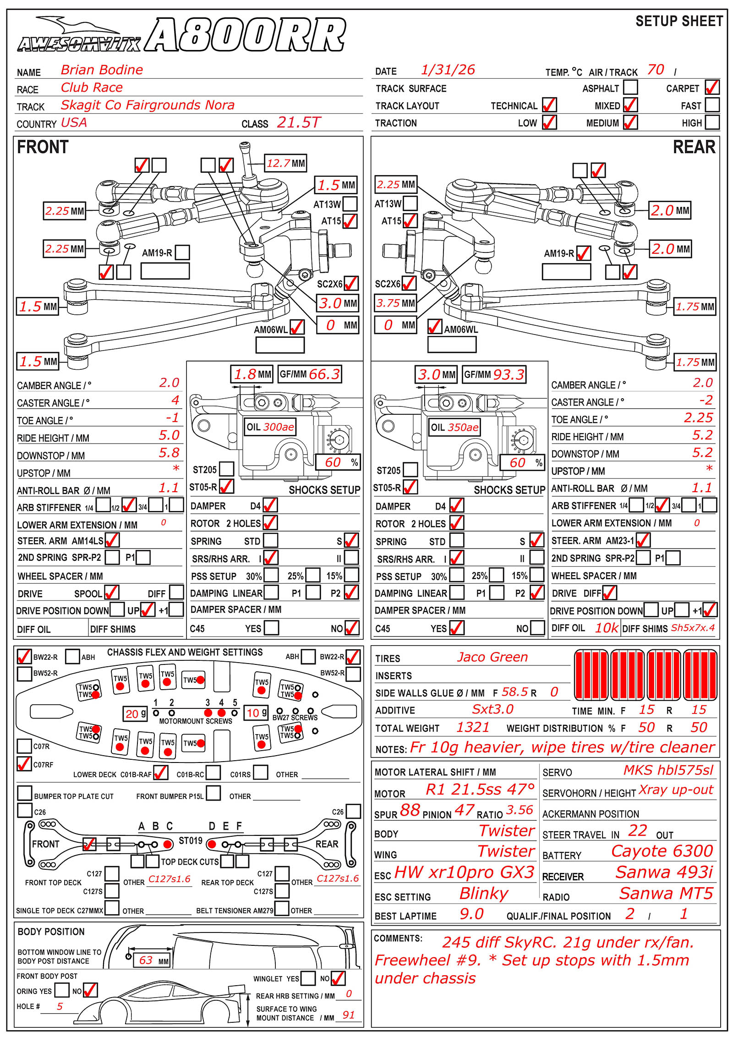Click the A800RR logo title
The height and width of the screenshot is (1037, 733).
point(245,35)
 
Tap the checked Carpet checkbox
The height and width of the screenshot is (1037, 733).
point(712,87)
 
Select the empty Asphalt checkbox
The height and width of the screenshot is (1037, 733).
point(630,87)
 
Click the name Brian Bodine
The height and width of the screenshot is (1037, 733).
point(102,70)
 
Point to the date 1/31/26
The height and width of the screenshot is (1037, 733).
point(448,70)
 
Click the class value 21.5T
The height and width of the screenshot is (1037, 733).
point(298,122)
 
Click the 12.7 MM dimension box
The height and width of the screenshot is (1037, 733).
point(286,163)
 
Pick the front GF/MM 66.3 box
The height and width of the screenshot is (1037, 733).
point(310,374)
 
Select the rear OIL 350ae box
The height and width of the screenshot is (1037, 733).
point(454,427)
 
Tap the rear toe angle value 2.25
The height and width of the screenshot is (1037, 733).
point(698,417)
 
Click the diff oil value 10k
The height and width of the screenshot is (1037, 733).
point(607,628)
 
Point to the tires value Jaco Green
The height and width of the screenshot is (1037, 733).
point(492,657)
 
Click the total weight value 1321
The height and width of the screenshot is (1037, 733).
point(473,727)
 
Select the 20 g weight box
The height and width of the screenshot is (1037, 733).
point(135,713)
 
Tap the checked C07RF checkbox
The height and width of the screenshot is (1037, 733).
point(24,764)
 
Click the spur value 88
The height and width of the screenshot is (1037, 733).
point(410,810)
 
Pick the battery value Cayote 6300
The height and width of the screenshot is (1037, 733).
point(662,851)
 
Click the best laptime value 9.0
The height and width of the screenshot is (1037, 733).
point(471,914)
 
